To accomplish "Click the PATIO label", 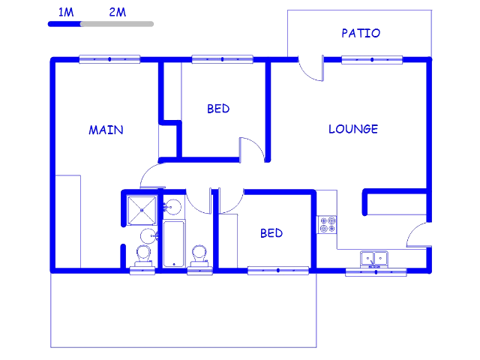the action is pyautogui.click(x=361, y=33).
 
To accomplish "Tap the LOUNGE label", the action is pyautogui.click(x=353, y=129).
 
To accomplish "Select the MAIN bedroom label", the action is pyautogui.click(x=106, y=130).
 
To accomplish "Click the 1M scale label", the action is pyautogui.click(x=66, y=12).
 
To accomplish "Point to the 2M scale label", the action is pyautogui.click(x=118, y=12).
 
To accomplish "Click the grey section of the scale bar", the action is pyautogui.click(x=117, y=24).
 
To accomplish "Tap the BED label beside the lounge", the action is pyautogui.click(x=218, y=109).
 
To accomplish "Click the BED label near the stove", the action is pyautogui.click(x=271, y=233).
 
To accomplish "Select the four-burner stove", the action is pyautogui.click(x=327, y=224).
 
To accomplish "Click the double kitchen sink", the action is pyautogui.click(x=374, y=259).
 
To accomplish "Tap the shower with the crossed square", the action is pyautogui.click(x=142, y=210).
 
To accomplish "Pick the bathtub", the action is pyautogui.click(x=174, y=244).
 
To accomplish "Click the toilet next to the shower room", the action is pyautogui.click(x=143, y=256).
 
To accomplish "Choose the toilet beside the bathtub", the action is pyautogui.click(x=199, y=256).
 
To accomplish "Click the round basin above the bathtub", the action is pyautogui.click(x=172, y=207).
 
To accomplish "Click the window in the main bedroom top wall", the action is pyautogui.click(x=109, y=59).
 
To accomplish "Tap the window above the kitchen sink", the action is pyautogui.click(x=376, y=272).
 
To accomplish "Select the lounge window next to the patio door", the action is pyautogui.click(x=372, y=60).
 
